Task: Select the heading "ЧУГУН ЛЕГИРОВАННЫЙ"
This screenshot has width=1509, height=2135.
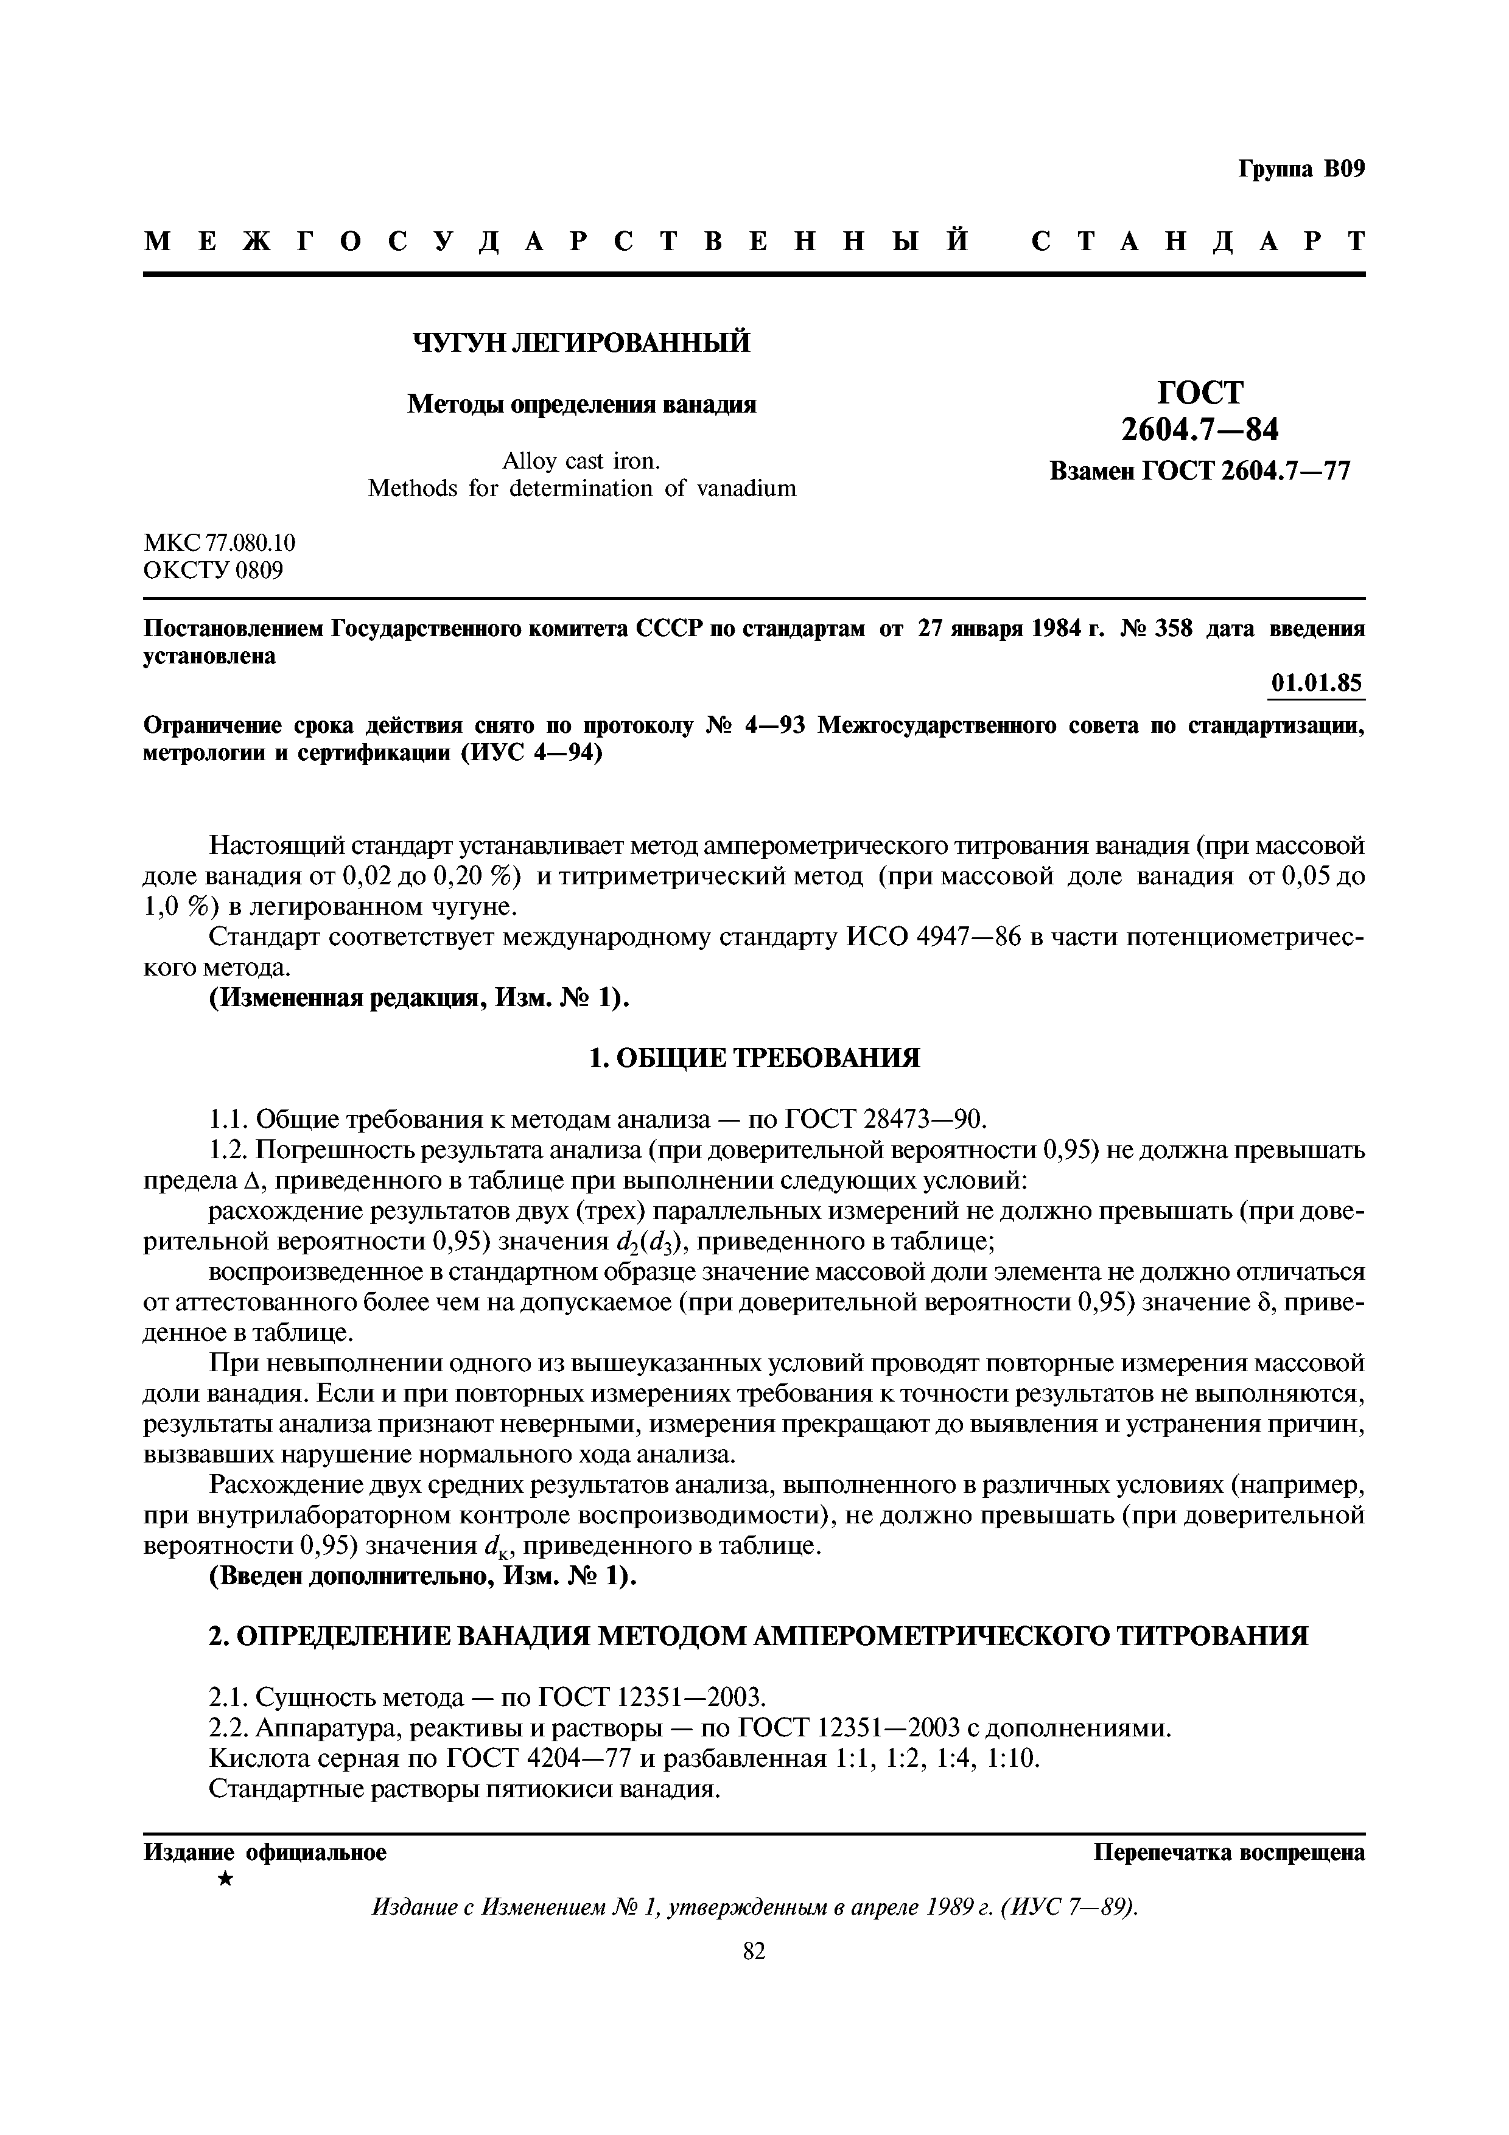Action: [581, 343]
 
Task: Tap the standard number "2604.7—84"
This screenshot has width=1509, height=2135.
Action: [1199, 430]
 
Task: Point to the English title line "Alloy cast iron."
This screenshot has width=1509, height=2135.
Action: [581, 461]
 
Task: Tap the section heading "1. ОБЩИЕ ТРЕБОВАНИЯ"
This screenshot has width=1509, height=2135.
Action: [754, 1057]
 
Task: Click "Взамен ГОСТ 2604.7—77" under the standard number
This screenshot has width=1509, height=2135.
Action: [1199, 472]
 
